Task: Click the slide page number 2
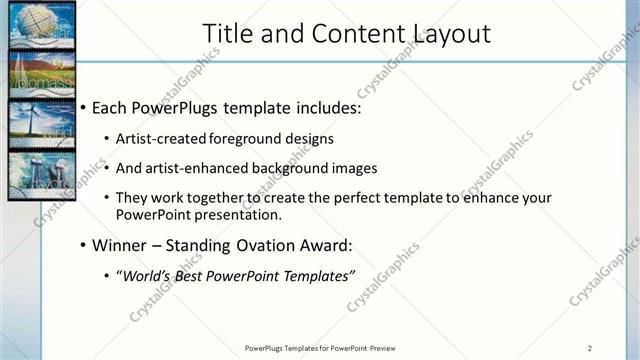[590, 347]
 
